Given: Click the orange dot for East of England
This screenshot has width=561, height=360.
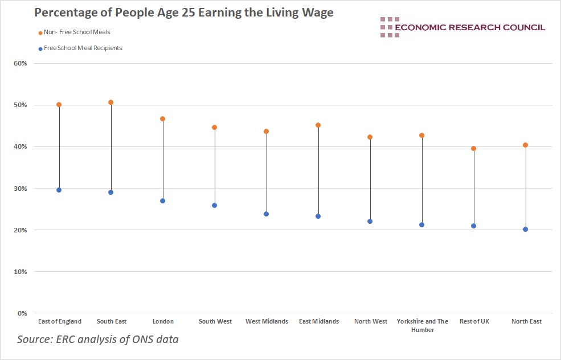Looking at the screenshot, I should point(59,105).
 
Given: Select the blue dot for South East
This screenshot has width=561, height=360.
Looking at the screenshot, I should point(111,193).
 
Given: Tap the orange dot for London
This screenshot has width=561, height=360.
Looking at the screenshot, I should point(163,119).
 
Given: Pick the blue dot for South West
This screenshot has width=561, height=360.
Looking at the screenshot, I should point(215,206).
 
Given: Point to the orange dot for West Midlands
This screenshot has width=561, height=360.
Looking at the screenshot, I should point(267,132).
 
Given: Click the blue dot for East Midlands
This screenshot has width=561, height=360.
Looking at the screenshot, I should point(318,216).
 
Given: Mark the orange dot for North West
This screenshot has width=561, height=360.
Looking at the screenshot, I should point(370,137).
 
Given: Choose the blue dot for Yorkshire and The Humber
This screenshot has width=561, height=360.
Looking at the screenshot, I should point(422,225).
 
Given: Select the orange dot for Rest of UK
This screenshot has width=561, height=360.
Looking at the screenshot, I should point(474,149).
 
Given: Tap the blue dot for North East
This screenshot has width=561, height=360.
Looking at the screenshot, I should point(526,230).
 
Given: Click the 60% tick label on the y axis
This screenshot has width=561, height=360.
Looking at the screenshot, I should point(21,63).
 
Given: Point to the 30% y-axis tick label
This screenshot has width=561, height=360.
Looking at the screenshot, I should point(21,189).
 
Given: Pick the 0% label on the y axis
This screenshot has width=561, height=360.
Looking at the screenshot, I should point(22,313).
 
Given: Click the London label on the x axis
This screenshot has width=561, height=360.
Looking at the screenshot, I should point(163,322).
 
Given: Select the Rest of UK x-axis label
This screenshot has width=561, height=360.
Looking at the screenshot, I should point(474,322).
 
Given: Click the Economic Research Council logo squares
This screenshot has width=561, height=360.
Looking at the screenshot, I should point(390,27).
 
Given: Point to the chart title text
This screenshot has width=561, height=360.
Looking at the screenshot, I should point(183,13).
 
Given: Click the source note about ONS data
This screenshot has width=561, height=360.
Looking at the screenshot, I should point(98,339).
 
